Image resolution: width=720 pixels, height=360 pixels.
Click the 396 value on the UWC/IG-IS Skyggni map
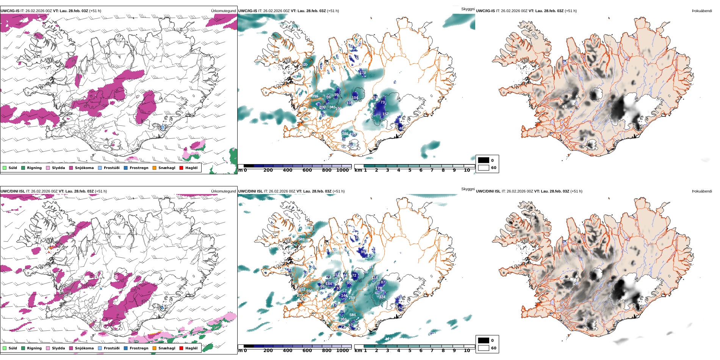(315, 96)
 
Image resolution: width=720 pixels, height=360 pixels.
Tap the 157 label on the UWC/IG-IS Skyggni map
(385, 114)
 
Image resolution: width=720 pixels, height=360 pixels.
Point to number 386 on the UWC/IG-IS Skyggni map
(345, 134)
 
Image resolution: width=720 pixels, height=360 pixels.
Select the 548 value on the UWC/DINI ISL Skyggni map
(302, 239)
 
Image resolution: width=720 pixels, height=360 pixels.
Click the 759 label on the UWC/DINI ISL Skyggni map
(352, 298)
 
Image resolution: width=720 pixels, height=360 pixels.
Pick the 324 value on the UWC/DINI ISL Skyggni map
(382, 297)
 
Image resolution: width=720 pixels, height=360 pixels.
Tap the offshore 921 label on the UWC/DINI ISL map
(388, 339)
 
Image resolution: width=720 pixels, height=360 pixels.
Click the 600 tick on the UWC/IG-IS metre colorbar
(307, 170)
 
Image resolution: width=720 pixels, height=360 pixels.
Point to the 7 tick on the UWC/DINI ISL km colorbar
(432, 351)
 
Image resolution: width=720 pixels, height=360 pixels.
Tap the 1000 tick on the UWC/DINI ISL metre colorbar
(342, 351)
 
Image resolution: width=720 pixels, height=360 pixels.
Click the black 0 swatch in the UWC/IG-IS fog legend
(484, 160)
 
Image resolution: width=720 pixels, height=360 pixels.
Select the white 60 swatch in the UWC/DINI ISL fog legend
(484, 348)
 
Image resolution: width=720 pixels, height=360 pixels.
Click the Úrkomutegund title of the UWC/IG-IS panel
(224, 11)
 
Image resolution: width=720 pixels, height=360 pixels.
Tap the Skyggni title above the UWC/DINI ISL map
(468, 189)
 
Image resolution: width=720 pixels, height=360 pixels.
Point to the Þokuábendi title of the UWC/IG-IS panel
(702, 11)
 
